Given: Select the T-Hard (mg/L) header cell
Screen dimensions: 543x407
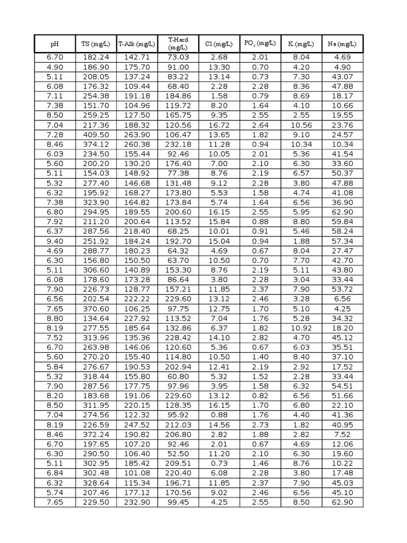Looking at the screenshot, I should [178, 43].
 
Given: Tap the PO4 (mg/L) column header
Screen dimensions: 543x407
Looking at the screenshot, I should [260, 44].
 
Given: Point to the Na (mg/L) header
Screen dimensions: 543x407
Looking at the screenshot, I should [343, 44].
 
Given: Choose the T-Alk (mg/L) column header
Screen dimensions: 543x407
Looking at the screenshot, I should [137, 44].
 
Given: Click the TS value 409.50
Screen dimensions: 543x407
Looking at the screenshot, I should [96, 134].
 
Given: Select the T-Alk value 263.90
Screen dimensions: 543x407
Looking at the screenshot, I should [137, 134].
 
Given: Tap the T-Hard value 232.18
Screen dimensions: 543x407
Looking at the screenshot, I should [178, 144].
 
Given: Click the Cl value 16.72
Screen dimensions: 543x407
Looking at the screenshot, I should [219, 125].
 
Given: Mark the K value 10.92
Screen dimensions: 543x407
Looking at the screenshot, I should [302, 328].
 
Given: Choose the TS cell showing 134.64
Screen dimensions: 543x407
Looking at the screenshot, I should [96, 318].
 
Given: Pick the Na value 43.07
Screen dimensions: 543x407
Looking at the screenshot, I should [343, 76].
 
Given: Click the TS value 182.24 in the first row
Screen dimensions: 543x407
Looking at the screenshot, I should [96, 57].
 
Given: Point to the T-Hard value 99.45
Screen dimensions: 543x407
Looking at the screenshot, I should [178, 502].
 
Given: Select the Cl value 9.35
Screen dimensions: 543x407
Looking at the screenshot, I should [219, 115].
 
